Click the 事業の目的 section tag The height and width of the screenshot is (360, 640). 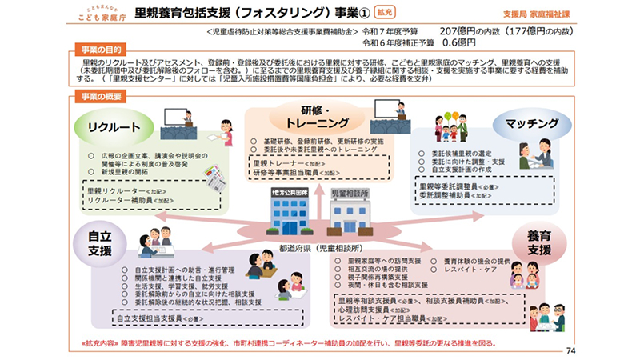click(x=95, y=50)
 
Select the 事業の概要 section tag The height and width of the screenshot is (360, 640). click(x=95, y=96)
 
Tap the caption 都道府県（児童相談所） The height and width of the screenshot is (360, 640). click(x=321, y=248)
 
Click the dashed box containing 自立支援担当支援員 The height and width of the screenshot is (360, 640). click(x=204, y=318)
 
